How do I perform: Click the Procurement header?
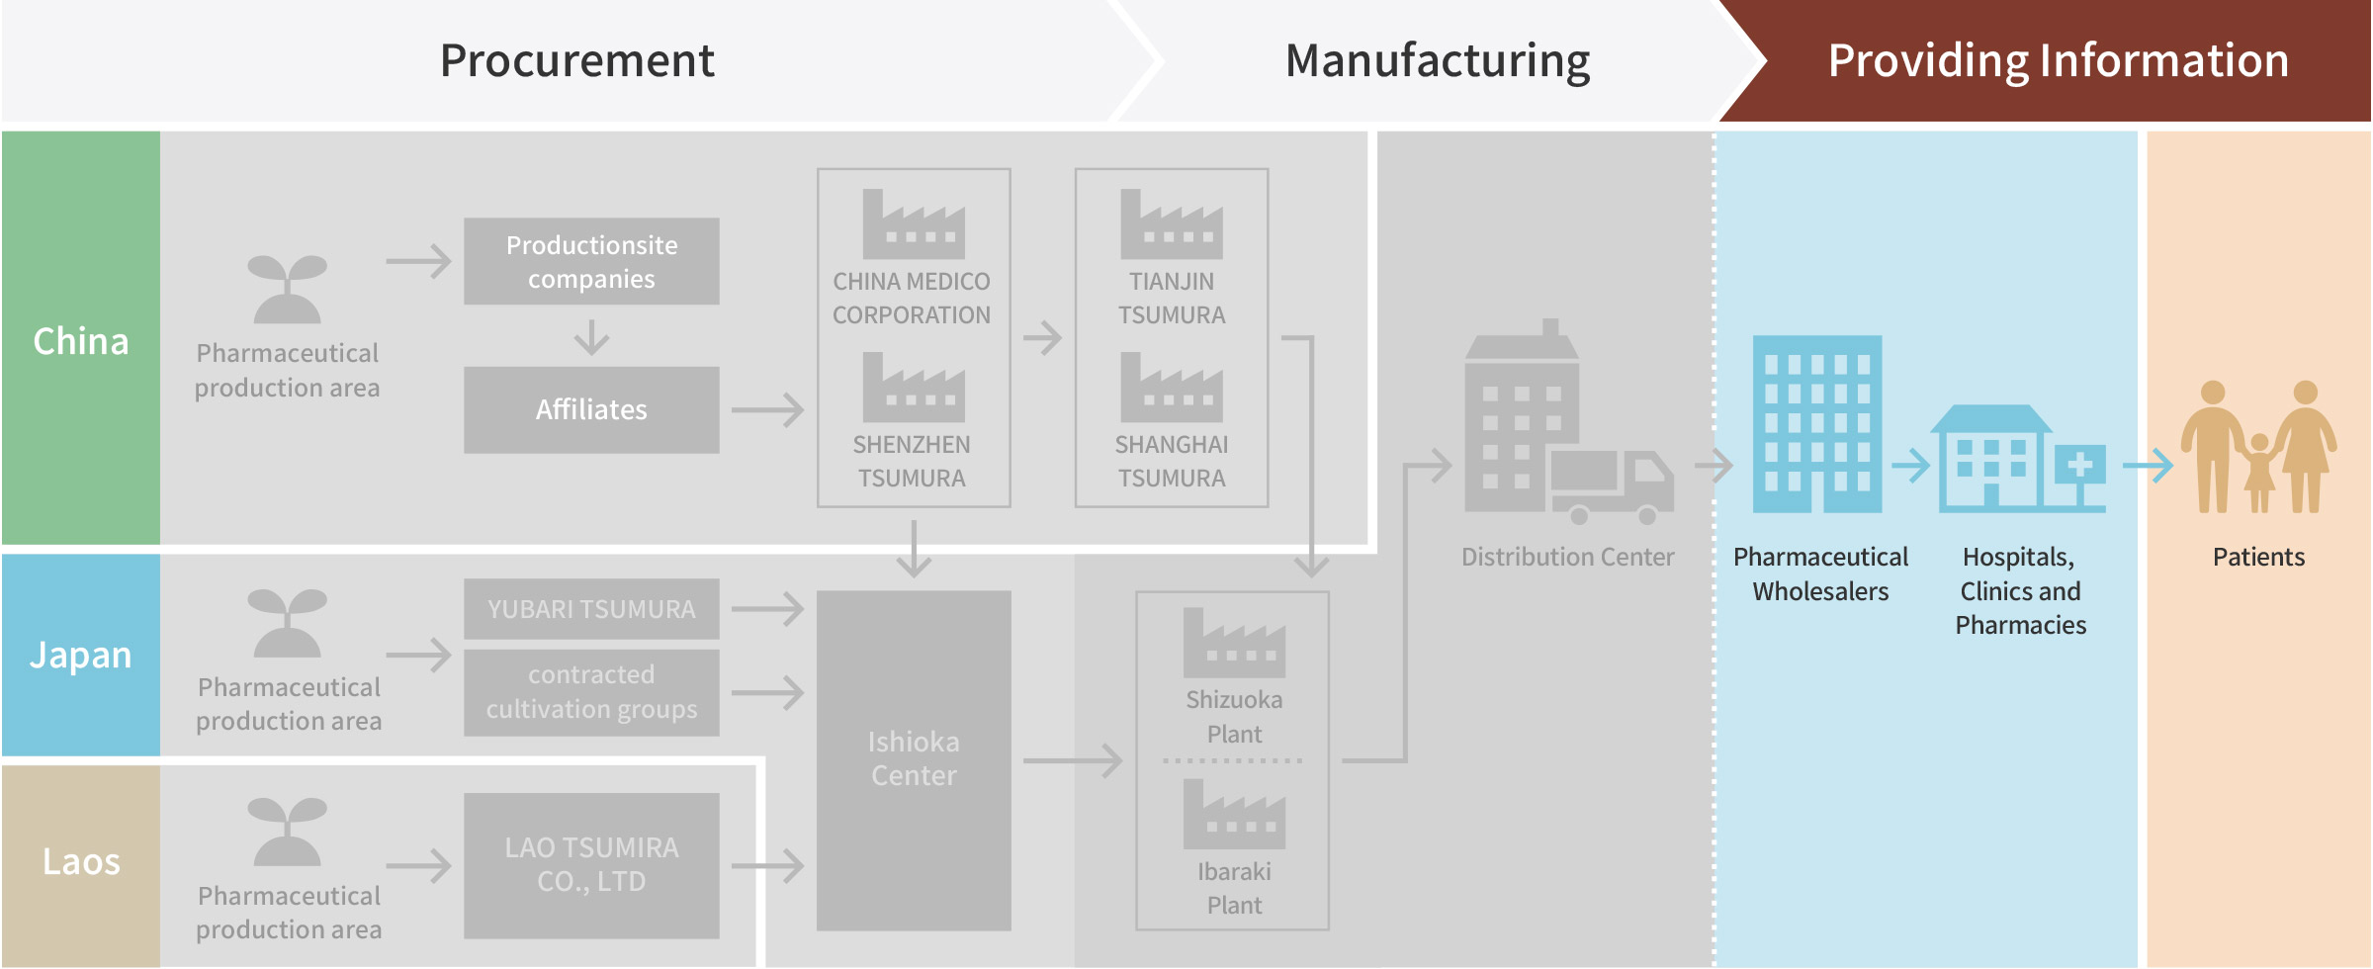tap(577, 61)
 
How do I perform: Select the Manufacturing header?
tap(1438, 61)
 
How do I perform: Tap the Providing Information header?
tap(2059, 61)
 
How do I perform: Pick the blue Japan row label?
tap(81, 655)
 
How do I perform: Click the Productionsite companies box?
tap(591, 261)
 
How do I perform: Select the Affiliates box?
tap(591, 409)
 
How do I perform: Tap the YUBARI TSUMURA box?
tap(591, 609)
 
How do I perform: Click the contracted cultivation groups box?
tap(591, 692)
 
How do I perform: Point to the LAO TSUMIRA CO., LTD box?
tap(591, 865)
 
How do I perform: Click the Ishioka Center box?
tap(914, 760)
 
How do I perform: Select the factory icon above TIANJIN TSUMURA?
tap(1172, 225)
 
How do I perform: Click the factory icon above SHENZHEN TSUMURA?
tap(914, 389)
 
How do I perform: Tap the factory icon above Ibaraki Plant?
tap(1234, 815)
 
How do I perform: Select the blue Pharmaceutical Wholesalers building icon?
tap(1817, 424)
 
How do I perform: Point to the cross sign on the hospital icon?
tap(2080, 464)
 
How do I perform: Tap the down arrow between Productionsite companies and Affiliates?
tap(591, 336)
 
